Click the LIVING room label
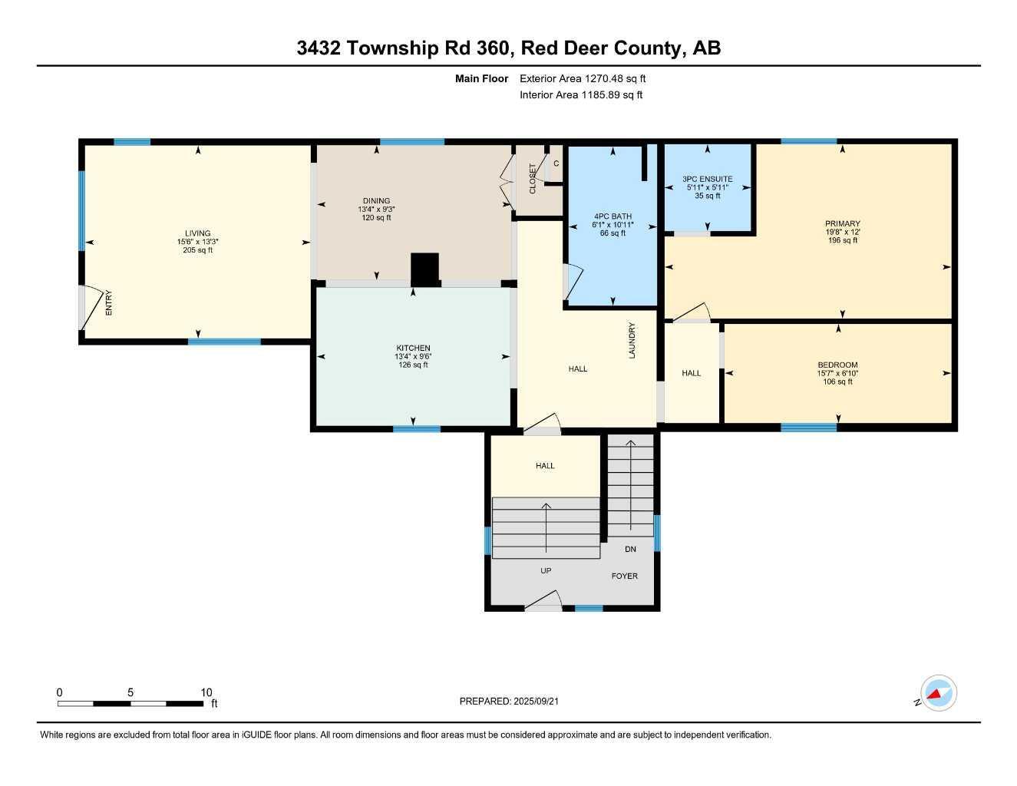(x=197, y=233)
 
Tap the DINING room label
(x=376, y=201)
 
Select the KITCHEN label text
(x=413, y=348)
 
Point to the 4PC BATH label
(x=613, y=216)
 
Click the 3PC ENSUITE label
(x=707, y=179)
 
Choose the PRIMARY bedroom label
(x=843, y=224)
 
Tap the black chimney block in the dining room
(x=424, y=269)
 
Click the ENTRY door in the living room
(x=91, y=307)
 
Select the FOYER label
(x=624, y=576)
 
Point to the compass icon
(x=937, y=693)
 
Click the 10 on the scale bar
(x=206, y=692)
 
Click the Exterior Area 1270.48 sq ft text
(x=583, y=78)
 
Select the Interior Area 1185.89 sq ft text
(x=581, y=95)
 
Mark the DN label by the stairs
(x=630, y=549)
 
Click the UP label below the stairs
(x=546, y=570)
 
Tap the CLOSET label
(x=533, y=178)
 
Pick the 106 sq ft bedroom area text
(x=837, y=381)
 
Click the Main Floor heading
(x=481, y=78)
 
